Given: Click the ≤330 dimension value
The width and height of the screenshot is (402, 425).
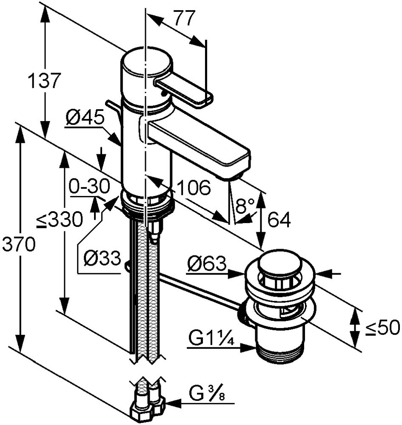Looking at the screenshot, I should point(59,220).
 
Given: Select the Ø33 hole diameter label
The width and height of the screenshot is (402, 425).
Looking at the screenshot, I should point(102,258).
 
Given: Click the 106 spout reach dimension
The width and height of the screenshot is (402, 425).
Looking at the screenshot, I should point(194,187).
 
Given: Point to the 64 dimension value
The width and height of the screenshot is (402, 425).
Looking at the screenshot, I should point(279,220).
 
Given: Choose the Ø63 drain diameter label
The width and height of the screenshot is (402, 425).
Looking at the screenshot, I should point(206,265).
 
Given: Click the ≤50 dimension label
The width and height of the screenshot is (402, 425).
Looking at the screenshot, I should point(383,327).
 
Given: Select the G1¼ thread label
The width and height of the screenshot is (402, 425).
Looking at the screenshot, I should point(212,339).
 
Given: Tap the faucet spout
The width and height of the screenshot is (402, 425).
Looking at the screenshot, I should point(200,144).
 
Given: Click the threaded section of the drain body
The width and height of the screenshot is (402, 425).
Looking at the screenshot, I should point(279,355).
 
